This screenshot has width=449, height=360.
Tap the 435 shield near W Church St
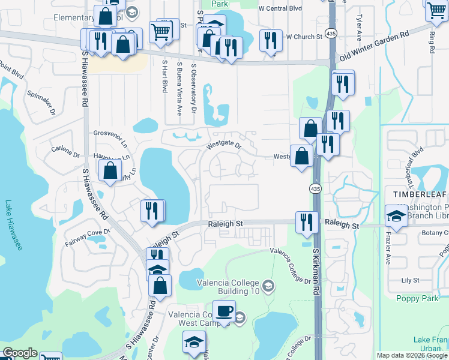point(331,32)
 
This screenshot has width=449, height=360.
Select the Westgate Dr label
point(224,145)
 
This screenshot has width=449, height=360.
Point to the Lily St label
point(410,280)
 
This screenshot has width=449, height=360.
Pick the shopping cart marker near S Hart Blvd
point(160,31)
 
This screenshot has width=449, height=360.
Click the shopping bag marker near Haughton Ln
point(111,170)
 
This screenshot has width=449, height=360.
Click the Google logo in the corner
point(20,353)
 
